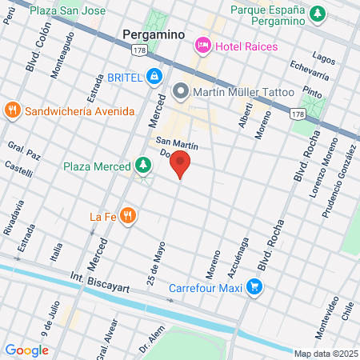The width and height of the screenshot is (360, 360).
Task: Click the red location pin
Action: click(180, 165)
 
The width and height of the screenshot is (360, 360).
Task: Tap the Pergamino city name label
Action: click(154, 35)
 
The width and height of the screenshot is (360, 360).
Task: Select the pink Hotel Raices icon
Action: click(203, 46)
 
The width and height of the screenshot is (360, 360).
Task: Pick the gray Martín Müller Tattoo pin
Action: click(180, 93)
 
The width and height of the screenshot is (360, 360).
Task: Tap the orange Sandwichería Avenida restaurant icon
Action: click(12, 110)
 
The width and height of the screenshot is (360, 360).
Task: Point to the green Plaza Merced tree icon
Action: click(143, 166)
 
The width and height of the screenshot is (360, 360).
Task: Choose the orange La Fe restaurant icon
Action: click(127, 216)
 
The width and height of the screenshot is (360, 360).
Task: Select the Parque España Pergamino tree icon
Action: click(318, 14)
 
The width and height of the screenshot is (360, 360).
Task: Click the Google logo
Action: click(26, 350)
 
